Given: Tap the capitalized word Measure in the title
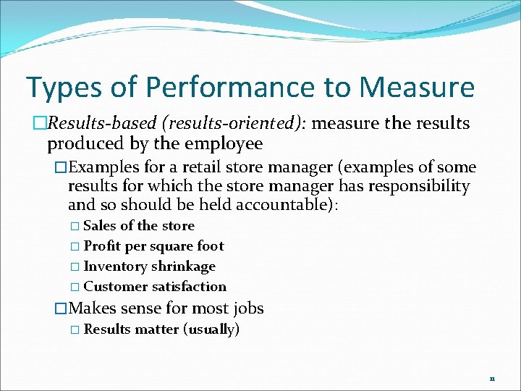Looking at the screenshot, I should [x=417, y=88].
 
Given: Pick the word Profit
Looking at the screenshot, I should [x=102, y=246].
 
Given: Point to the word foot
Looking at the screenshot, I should [x=211, y=246].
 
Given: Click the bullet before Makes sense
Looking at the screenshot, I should [x=62, y=308].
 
